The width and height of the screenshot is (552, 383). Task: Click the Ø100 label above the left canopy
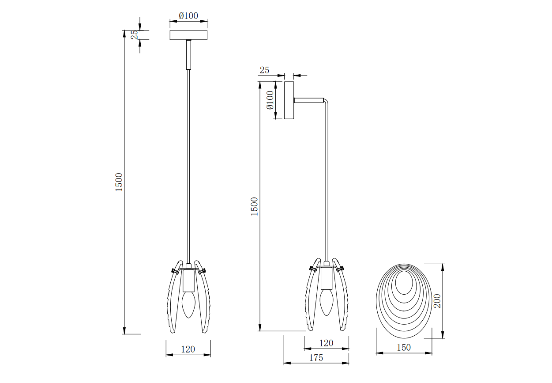click(188, 16)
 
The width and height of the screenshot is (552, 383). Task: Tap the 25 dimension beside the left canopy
click(135, 35)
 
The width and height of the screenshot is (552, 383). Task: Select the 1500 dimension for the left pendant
click(119, 182)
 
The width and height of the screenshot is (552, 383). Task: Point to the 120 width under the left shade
click(188, 349)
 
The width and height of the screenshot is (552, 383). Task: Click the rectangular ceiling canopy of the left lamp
click(188, 35)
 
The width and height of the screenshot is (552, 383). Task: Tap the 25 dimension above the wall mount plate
click(264, 70)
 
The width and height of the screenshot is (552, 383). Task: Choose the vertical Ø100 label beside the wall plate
click(270, 100)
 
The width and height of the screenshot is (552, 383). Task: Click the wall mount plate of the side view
click(289, 100)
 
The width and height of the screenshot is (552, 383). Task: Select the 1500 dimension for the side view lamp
click(254, 206)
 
